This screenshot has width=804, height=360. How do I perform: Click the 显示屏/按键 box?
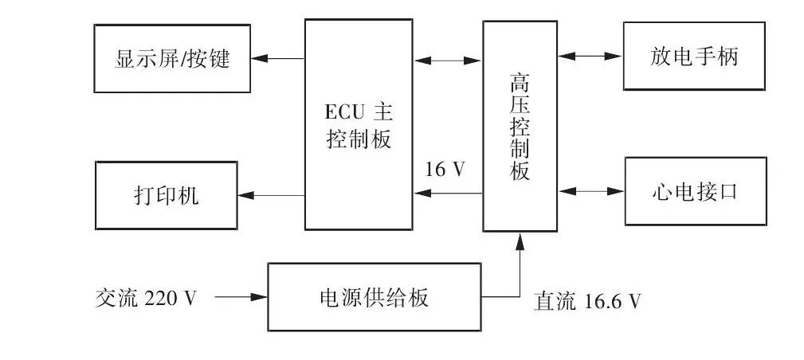172,58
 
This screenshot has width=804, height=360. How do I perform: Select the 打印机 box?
166,195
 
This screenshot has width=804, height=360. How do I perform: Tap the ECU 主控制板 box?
359,125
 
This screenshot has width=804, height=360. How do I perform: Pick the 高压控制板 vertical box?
520,126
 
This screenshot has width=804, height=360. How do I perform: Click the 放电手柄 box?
694,57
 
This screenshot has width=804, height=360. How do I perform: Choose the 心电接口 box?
695,191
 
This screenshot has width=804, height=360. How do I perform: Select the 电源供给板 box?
374,297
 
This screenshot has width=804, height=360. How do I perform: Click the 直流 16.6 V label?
587,301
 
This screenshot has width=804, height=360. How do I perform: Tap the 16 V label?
445,170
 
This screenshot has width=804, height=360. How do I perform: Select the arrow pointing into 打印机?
271,195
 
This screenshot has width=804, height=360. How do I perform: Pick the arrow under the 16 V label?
449,193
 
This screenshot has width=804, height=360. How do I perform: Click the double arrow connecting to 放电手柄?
590,57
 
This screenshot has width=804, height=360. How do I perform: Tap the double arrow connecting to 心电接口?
590,191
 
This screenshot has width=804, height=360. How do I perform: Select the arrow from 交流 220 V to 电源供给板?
241,297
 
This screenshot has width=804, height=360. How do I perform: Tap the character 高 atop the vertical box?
520,83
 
